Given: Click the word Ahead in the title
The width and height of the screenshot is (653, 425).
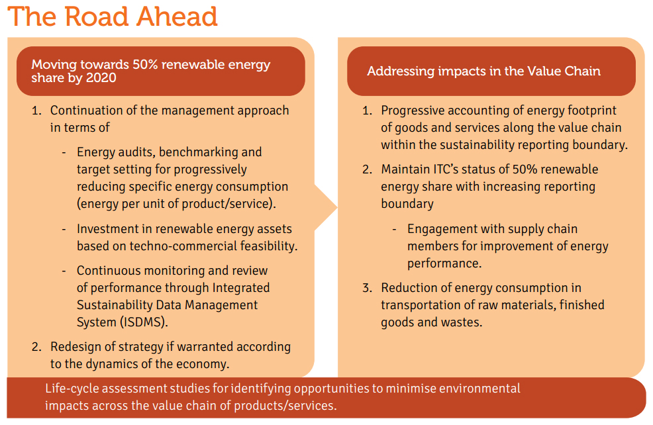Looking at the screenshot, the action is click(177, 17).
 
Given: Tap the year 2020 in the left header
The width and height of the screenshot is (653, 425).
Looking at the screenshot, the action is click(101, 78).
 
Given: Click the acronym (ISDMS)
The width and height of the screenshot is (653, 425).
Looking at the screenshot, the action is click(144, 322).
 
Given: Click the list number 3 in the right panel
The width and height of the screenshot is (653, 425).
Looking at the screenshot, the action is click(366, 288).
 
